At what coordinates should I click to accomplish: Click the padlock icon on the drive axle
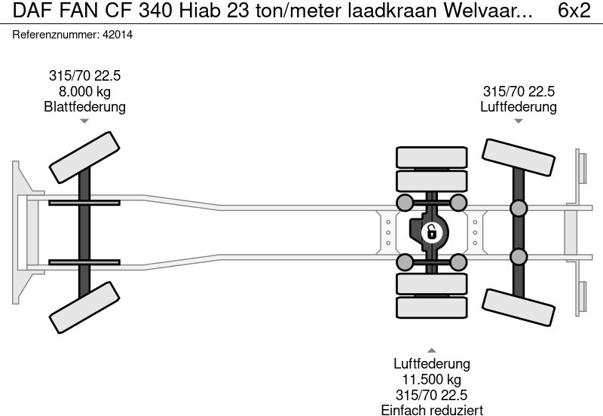[431, 231]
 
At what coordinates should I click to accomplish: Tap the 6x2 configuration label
[574, 11]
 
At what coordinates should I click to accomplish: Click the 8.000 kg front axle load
[84, 91]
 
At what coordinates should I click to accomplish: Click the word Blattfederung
[84, 107]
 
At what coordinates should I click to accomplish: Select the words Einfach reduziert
[431, 409]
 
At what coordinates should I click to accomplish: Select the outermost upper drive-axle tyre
[431, 157]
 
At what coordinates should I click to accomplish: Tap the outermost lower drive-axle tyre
[431, 307]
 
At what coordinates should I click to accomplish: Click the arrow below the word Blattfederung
[84, 121]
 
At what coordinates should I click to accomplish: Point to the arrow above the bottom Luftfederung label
[431, 350]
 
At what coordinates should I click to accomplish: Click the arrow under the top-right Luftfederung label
[518, 121]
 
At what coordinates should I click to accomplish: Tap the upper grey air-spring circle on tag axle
[518, 208]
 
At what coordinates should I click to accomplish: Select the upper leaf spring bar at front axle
[84, 203]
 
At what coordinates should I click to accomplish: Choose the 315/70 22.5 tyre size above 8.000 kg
[84, 75]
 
